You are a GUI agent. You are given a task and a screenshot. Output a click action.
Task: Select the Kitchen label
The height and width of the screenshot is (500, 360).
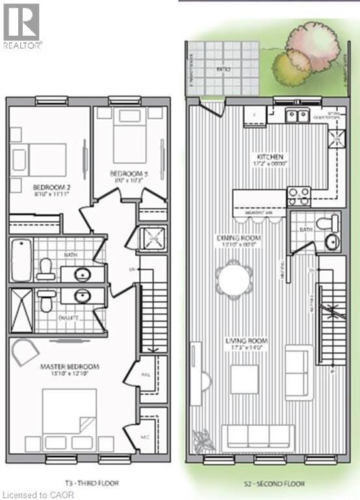point(270,157)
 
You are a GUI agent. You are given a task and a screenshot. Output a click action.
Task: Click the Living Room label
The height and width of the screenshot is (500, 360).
point(245,341)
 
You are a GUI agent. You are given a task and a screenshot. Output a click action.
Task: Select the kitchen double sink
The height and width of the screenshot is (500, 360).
point(298,116)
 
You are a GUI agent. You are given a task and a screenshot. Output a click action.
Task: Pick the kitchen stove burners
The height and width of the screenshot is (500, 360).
point(299,196)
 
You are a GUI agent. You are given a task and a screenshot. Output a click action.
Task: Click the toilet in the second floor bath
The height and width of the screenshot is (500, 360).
point(325,223)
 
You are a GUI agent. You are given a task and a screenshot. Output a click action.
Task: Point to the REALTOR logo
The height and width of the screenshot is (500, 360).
point(21,26)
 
